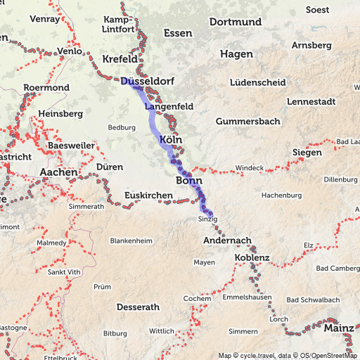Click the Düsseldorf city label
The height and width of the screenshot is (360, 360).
(147, 82)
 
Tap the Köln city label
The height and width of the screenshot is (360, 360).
(171, 139)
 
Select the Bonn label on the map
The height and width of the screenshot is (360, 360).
(188, 181)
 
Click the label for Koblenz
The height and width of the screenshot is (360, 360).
(252, 258)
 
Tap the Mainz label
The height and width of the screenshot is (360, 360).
(339, 327)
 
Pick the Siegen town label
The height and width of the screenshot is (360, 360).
(307, 153)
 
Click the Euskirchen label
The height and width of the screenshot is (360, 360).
(148, 195)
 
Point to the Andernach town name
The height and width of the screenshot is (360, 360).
(226, 240)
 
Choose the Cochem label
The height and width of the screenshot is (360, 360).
(197, 299)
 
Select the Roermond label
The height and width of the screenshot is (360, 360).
(46, 88)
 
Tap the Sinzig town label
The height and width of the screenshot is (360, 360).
(209, 220)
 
